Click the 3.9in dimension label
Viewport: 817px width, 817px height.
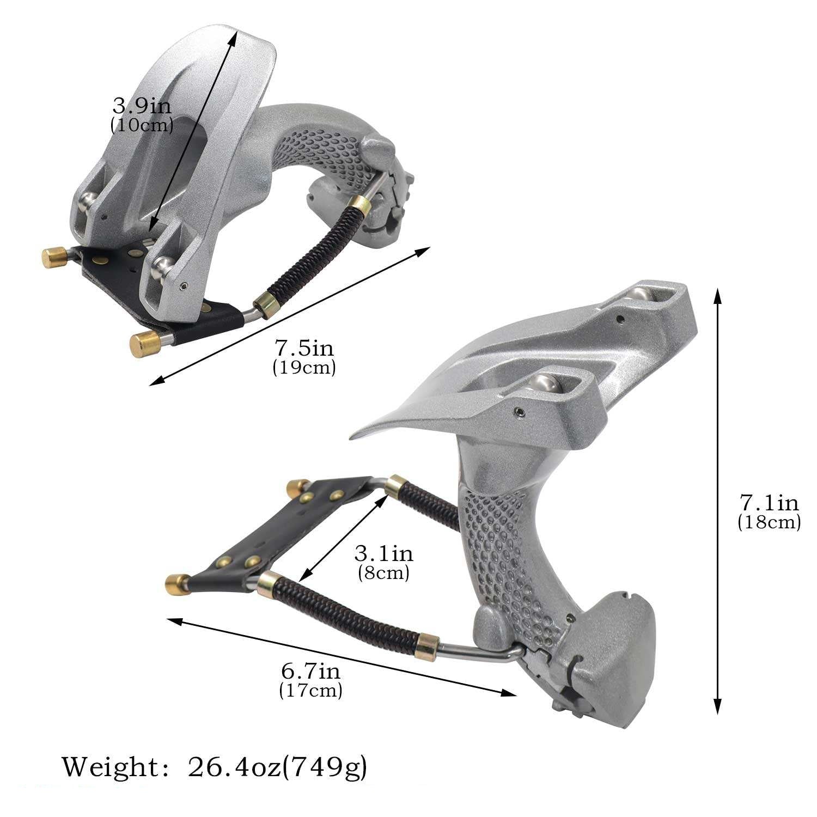pos(142,105)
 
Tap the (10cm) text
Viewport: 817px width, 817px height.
pos(142,126)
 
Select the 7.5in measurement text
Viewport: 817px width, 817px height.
pos(304,348)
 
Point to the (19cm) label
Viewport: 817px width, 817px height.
pos(304,368)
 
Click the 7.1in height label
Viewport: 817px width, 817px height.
pos(769,502)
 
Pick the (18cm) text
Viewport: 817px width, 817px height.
pos(769,522)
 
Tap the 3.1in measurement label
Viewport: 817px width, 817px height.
pos(384,554)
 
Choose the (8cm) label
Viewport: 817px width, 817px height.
pos(384,573)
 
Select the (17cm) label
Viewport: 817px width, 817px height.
pos(310,691)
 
